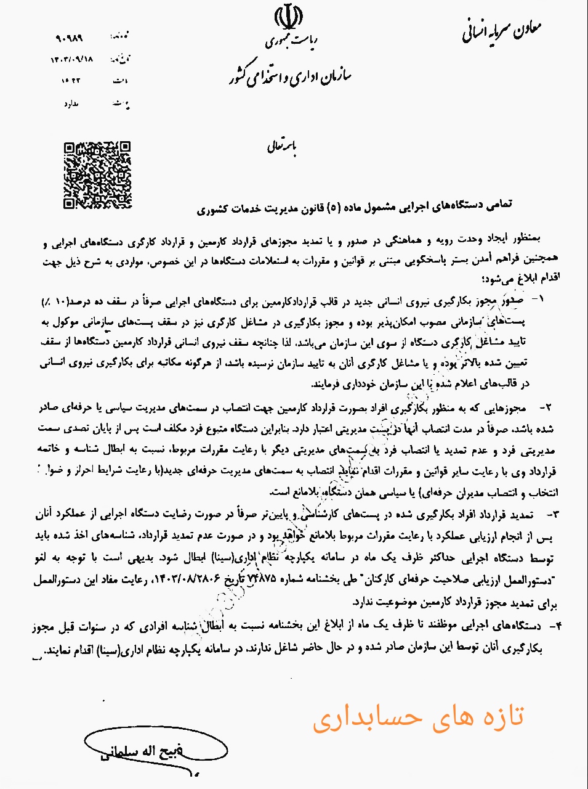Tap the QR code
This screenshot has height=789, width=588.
[x=98, y=175]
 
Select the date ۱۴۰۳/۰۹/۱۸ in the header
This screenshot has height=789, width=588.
[x=73, y=60]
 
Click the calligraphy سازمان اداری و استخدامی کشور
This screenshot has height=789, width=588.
[x=288, y=75]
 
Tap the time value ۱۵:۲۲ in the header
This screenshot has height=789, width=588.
[x=72, y=81]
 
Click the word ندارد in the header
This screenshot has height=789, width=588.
[x=72, y=105]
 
